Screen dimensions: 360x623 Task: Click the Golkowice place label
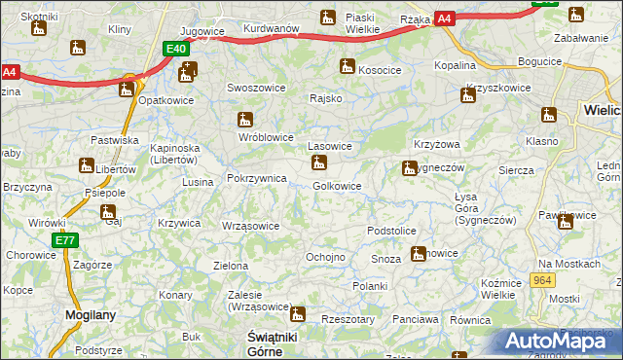(x=338, y=186)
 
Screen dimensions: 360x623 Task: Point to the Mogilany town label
(x=90, y=315)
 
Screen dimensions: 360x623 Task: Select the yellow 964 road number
(x=543, y=279)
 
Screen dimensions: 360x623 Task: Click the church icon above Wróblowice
(x=245, y=120)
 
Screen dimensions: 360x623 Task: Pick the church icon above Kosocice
(x=347, y=66)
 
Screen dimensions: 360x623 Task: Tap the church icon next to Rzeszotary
(x=298, y=314)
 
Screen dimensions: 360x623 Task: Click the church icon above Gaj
(x=108, y=211)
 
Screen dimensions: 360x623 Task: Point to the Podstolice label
(x=392, y=231)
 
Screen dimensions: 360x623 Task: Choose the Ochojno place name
(x=326, y=257)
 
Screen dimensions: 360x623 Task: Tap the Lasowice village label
(x=329, y=146)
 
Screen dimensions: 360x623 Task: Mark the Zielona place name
(x=231, y=266)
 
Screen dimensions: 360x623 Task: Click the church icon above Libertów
(x=86, y=166)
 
